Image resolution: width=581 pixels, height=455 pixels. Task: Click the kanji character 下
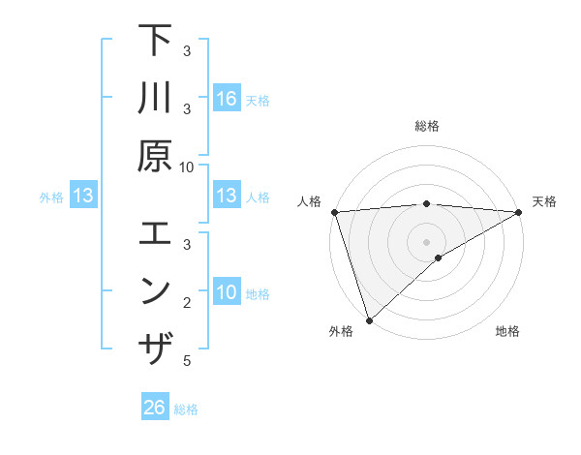(155, 44)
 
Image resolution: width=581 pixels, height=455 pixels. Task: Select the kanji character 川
(155, 100)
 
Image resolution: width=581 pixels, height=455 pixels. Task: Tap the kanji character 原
(155, 155)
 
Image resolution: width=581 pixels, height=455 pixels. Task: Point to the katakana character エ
(155, 235)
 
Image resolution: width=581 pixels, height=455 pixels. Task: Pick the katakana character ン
(155, 291)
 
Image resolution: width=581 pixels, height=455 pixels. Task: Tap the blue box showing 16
(227, 98)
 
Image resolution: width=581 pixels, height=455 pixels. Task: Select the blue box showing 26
(155, 408)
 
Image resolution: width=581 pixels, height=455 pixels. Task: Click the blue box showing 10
(227, 292)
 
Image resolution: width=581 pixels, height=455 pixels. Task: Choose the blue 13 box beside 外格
(83, 197)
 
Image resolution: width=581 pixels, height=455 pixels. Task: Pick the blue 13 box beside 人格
(227, 196)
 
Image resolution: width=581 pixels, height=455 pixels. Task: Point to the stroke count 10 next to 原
(187, 167)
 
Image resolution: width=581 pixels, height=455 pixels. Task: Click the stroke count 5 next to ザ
(187, 361)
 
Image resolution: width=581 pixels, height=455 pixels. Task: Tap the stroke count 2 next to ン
(187, 304)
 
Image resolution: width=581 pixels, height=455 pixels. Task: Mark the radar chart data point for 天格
(519, 212)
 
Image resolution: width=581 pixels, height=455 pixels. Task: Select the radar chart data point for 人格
(333, 212)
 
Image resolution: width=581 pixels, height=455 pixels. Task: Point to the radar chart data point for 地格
(439, 258)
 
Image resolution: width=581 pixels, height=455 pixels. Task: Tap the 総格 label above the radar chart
(426, 126)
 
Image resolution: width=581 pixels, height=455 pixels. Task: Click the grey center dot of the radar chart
(426, 240)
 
